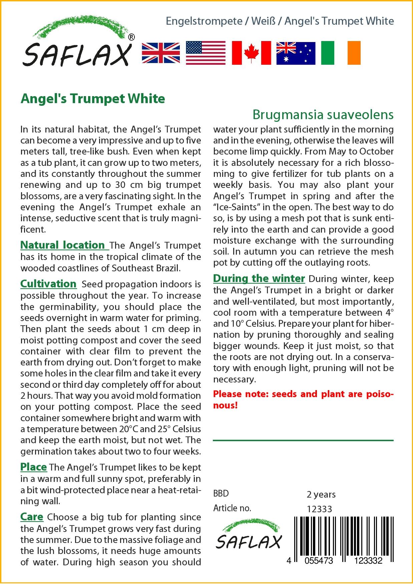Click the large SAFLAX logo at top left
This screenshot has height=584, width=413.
(x=77, y=43)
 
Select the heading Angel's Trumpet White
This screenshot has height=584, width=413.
(x=93, y=99)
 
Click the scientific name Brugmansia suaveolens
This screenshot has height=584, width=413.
(x=323, y=114)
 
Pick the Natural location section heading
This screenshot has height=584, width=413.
(x=63, y=245)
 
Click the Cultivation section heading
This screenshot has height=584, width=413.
(x=48, y=284)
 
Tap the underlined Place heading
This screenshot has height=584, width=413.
(x=33, y=467)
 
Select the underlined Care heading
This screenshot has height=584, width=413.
(x=32, y=517)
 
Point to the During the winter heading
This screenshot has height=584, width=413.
(x=259, y=279)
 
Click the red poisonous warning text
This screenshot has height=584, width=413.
(x=303, y=399)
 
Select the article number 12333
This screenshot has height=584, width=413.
(x=319, y=509)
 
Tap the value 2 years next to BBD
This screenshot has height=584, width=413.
(x=321, y=494)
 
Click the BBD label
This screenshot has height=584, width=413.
(x=221, y=494)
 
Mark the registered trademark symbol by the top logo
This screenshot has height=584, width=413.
(x=131, y=38)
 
